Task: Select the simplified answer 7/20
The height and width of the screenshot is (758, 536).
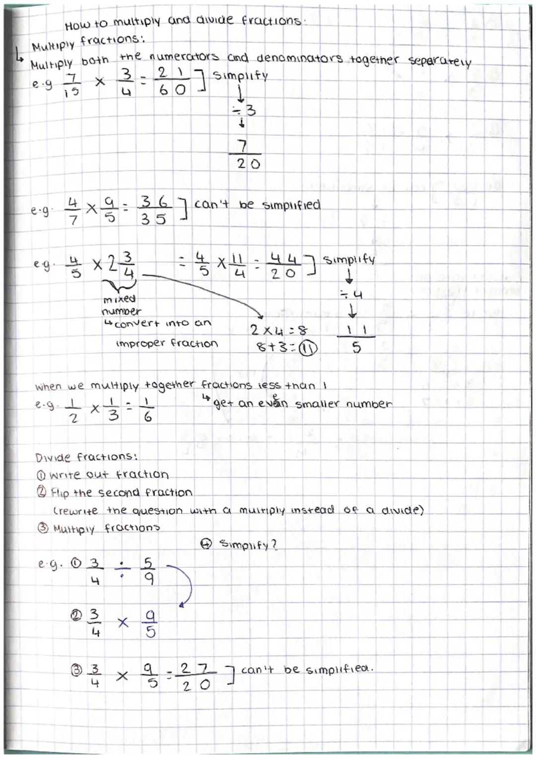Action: click(x=248, y=155)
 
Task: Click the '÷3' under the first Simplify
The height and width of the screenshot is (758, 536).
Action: click(x=246, y=110)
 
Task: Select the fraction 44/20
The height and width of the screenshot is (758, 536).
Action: click(x=283, y=266)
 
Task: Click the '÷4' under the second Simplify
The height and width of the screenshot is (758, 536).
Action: click(x=354, y=294)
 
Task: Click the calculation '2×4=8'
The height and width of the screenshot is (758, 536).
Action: click(x=279, y=330)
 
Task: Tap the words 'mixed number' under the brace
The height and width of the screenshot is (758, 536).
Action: click(x=121, y=305)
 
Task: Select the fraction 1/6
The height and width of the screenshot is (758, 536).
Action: click(x=147, y=410)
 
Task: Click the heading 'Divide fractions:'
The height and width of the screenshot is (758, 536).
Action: click(x=86, y=457)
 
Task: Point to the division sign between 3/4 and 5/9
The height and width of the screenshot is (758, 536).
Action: click(x=122, y=570)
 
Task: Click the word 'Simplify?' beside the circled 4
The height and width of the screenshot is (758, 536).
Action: click(x=249, y=545)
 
